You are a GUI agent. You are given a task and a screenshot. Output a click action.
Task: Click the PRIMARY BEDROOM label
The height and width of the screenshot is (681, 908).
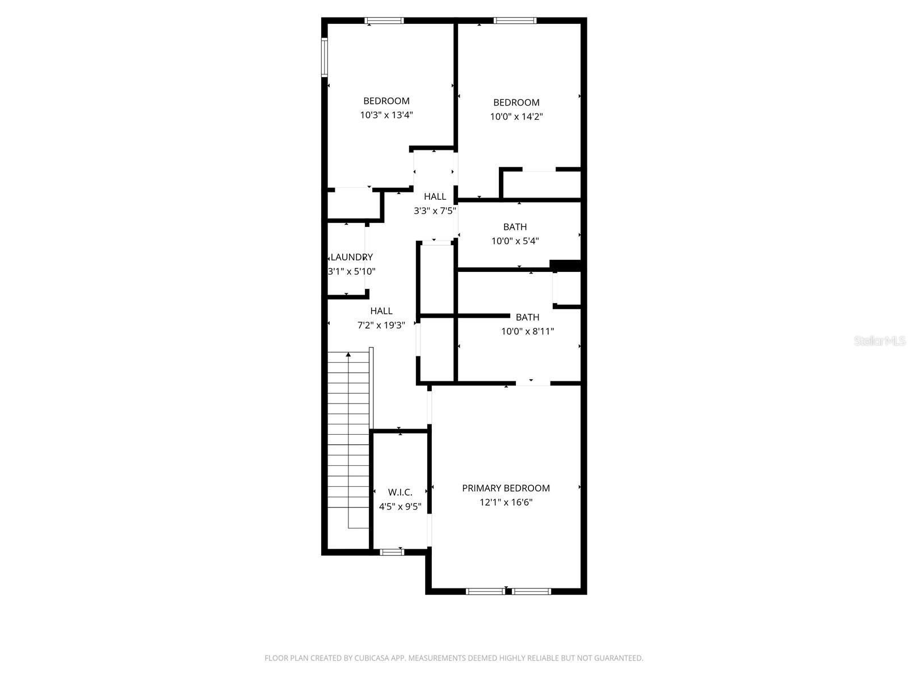(506, 488)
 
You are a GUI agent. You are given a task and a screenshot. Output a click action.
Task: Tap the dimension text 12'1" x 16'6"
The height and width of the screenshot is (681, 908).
(506, 502)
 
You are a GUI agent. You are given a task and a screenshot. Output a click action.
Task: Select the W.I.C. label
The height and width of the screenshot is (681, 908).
(400, 492)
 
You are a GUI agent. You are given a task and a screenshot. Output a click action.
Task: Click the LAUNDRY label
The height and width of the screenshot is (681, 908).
(352, 257)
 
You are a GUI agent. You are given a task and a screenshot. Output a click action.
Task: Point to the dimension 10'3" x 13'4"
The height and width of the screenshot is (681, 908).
(386, 115)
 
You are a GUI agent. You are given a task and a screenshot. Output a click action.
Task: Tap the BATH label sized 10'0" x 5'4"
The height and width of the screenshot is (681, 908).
(515, 227)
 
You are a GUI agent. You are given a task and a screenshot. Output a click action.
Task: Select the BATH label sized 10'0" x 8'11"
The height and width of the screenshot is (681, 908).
(527, 317)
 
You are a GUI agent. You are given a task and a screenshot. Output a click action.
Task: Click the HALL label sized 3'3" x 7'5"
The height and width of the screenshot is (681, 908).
(435, 196)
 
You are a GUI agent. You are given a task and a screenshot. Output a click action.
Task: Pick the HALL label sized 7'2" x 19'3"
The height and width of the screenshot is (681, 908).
(381, 311)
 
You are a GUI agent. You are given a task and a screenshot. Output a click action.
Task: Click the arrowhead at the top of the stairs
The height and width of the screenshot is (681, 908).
(348, 355)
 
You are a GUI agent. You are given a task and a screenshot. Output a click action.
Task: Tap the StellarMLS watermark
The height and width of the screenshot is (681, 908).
(880, 341)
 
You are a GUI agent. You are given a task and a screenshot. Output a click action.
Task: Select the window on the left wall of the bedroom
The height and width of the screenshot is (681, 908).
(325, 57)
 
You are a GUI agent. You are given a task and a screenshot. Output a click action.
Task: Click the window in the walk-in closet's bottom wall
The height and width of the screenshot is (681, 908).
(392, 552)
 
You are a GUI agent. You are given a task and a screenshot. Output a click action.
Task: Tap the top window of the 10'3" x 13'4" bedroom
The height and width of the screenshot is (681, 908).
(384, 21)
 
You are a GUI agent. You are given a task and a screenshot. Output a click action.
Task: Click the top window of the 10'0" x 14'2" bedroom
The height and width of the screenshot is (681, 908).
(515, 21)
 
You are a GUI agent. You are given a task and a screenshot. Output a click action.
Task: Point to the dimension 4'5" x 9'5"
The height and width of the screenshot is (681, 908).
(400, 507)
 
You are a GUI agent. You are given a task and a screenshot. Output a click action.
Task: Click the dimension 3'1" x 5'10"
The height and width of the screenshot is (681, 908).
(352, 272)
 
